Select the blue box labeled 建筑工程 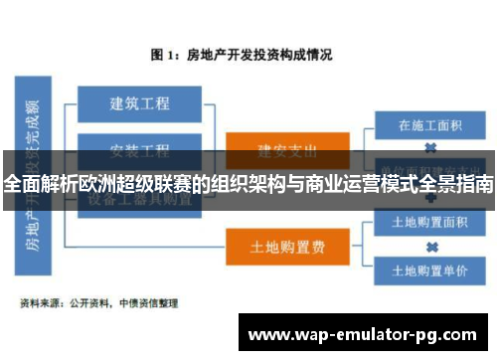140,103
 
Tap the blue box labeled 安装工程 140,149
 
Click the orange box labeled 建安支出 287,150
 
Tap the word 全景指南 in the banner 452,185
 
